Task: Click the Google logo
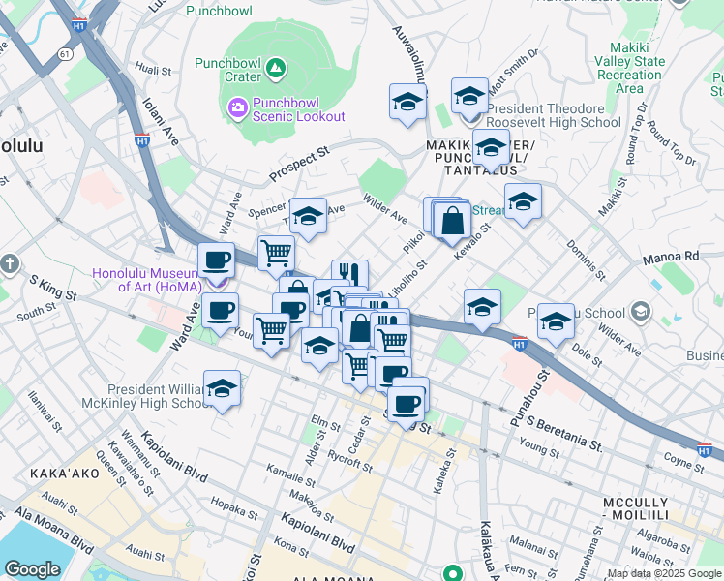[x=32, y=568]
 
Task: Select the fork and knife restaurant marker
[x=349, y=275]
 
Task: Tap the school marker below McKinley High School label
[x=222, y=388]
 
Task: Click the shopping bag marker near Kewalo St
[x=452, y=220]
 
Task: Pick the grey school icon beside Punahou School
[x=639, y=312]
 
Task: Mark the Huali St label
[x=153, y=69]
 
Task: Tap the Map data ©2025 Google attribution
[x=664, y=573]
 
